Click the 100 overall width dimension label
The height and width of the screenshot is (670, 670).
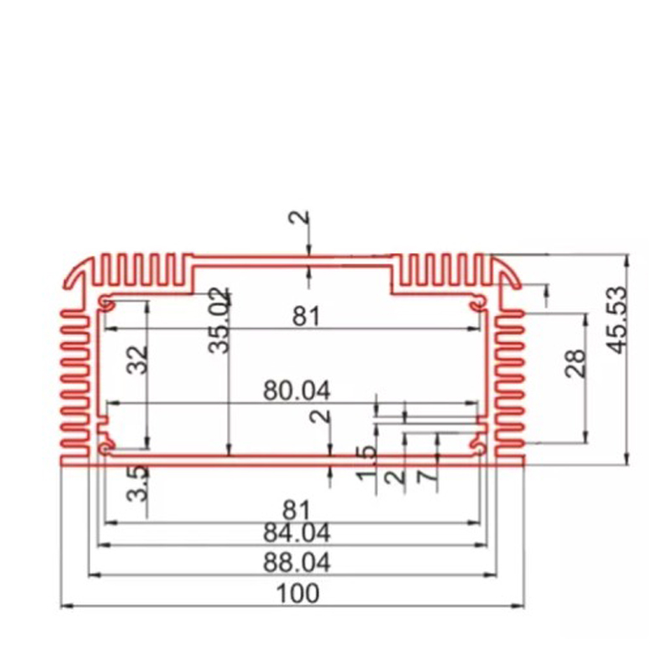297,594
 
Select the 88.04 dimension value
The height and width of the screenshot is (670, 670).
296,563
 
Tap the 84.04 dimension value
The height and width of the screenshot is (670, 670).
296,533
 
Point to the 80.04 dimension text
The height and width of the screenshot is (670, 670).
296,390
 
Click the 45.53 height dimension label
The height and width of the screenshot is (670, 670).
617,321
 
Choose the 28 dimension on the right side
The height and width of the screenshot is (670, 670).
575,363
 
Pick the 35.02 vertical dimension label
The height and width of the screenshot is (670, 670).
219,321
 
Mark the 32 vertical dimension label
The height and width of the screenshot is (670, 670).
137,360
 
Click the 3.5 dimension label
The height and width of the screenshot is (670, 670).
137,483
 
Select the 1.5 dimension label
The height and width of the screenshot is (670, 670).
367,464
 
